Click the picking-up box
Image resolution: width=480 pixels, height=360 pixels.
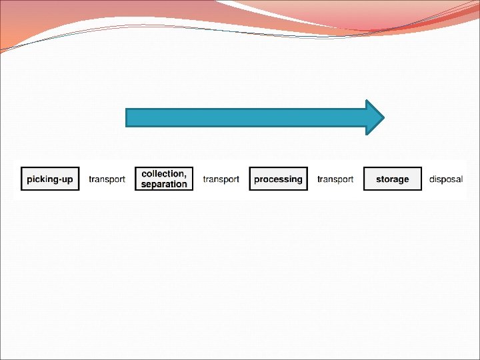[50, 179]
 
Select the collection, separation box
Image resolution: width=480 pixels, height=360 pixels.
[164, 179]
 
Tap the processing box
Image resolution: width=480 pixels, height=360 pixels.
[278, 179]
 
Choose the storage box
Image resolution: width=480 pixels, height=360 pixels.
[392, 179]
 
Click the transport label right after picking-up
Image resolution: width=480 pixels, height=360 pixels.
[107, 179]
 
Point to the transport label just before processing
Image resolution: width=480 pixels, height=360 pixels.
[221, 179]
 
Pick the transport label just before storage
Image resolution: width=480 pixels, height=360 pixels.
[335, 179]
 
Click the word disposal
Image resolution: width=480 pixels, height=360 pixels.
[446, 179]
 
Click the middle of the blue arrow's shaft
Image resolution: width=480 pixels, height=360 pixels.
[247, 118]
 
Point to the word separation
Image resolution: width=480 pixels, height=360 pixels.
[164, 184]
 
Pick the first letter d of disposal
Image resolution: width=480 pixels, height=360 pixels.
[432, 179]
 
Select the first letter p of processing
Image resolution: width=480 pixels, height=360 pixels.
[257, 180]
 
